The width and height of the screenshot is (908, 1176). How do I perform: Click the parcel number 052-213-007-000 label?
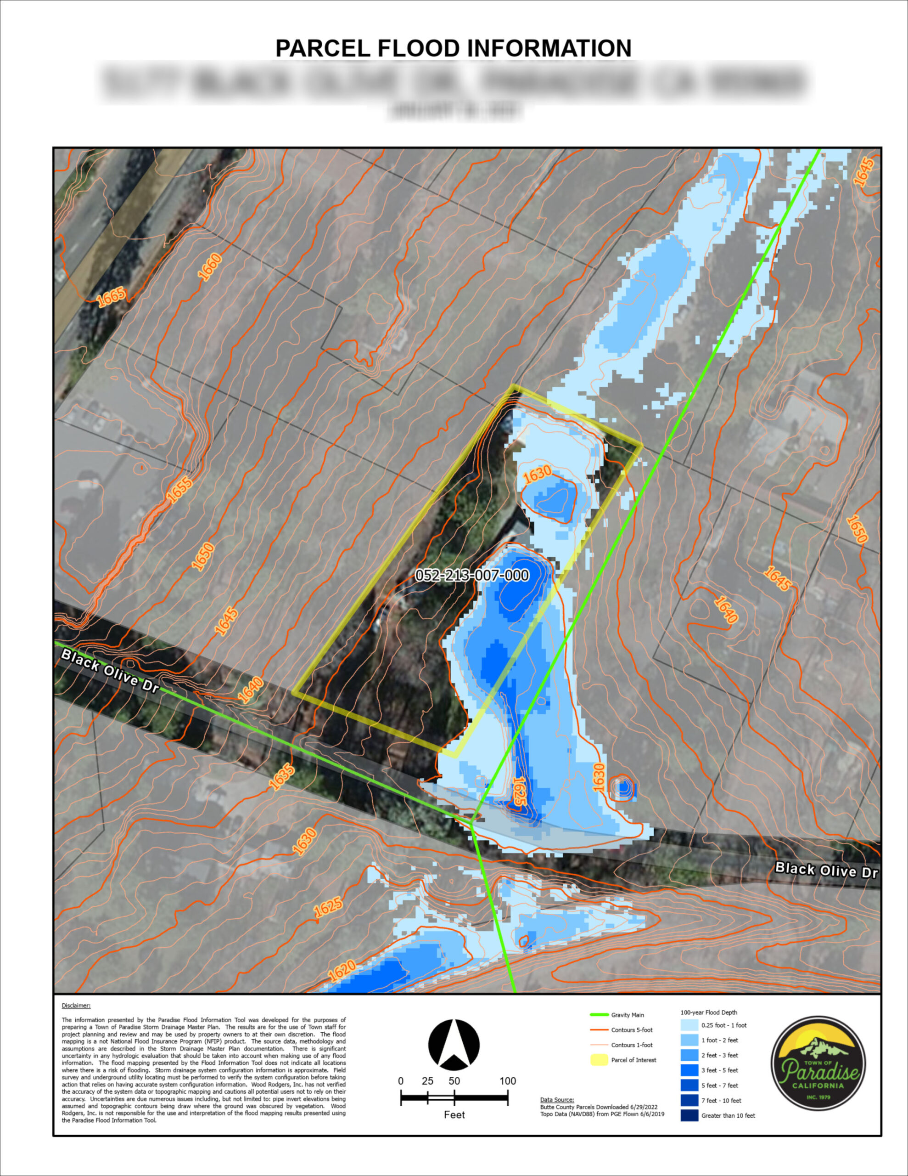[x=471, y=575]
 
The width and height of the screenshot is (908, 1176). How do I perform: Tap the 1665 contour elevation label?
[x=112, y=297]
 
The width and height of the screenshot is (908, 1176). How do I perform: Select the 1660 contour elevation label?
[x=209, y=267]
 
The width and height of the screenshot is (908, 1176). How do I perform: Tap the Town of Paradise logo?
[x=818, y=1063]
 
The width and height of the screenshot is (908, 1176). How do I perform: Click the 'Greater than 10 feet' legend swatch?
[x=689, y=1115]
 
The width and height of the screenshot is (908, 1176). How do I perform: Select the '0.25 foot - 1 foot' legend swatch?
[x=689, y=1025]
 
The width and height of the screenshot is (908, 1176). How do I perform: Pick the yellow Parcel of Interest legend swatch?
[x=599, y=1060]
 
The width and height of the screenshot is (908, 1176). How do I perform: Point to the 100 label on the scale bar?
[x=508, y=1081]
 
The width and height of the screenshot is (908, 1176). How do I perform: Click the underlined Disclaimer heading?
[x=76, y=1005]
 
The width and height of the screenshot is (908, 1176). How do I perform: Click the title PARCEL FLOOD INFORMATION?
[x=453, y=48]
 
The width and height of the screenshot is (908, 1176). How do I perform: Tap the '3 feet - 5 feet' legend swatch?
[x=689, y=1070]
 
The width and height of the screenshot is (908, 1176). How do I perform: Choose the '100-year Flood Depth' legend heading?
[x=708, y=1012]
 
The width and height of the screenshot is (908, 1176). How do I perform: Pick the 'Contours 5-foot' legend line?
[x=599, y=1030]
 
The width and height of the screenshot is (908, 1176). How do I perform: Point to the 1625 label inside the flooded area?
[x=519, y=791]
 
